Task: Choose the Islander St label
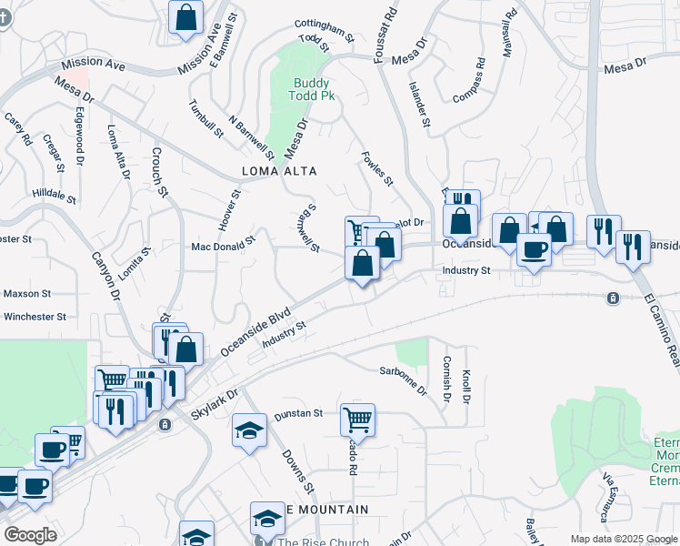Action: tap(419, 108)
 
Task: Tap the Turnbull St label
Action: tap(205, 118)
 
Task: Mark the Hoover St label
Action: tap(228, 209)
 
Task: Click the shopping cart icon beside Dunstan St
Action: tap(357, 420)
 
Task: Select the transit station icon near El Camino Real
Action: tap(614, 298)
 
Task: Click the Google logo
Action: tap(30, 535)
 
